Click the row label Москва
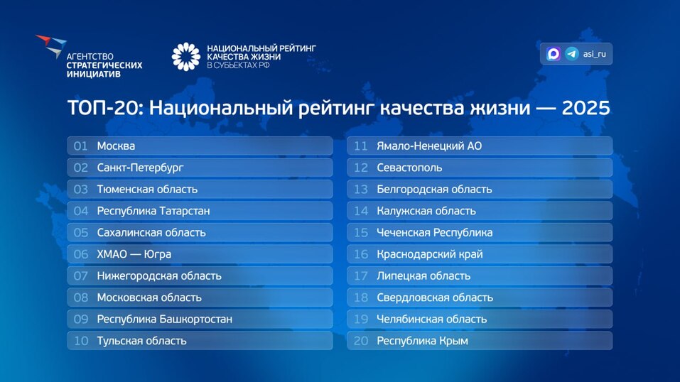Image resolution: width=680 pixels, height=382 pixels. tap(116, 146)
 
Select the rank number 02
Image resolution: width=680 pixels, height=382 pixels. tap(81, 168)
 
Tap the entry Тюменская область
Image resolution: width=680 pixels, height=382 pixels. tap(147, 190)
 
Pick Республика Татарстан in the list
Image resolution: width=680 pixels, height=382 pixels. tap(153, 211)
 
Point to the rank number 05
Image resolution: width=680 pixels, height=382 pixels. tap(81, 233)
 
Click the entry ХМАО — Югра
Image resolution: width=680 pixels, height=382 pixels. tap(134, 254)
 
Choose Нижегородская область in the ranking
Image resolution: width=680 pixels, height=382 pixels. tap(159, 276)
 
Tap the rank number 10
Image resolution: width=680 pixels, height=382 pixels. tap(81, 341)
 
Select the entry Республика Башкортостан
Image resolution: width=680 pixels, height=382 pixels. tap(165, 320)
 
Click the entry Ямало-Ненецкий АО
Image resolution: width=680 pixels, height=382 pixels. tap(429, 146)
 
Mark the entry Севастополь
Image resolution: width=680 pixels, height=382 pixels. tap(409, 168)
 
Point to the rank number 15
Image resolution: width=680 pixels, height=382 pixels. tap(361, 233)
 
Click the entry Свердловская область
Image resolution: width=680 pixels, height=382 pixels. tap(435, 298)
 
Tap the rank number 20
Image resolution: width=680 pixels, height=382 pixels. tap(361, 341)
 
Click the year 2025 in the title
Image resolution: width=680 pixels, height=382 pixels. tap(586, 108)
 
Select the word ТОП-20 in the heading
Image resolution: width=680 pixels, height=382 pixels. tap(104, 108)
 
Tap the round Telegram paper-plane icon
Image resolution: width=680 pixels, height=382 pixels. tap(572, 54)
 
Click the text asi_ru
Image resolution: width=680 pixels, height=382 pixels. tap(595, 54)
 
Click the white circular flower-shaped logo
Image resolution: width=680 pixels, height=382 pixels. tap(186, 57)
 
